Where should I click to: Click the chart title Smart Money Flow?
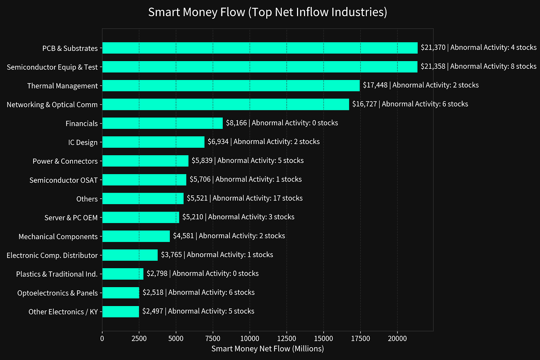pos(267,12)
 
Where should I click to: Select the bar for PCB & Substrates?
pos(260,48)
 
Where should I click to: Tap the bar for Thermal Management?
pos(231,86)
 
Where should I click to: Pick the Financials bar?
pos(162,123)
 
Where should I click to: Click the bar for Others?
pos(143,198)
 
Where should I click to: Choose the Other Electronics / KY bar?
pos(120,312)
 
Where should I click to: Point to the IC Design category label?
pos(83,142)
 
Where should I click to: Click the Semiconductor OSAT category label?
pos(63,180)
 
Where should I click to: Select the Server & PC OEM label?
pos(71,218)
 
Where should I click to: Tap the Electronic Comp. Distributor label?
pos(52,255)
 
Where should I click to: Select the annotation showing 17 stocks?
pos(245,198)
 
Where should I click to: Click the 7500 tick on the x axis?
pos(213,338)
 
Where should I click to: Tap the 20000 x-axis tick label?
pos(397,338)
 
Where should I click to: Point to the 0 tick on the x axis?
pos(102,338)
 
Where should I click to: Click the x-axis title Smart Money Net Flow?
pos(267,349)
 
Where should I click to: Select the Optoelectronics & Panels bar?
pos(120,293)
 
